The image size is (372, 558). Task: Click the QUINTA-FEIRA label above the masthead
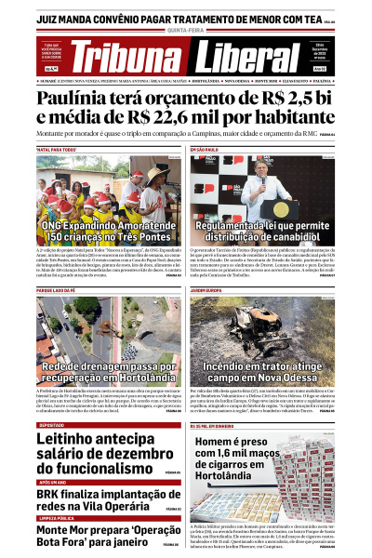click(x=186, y=31)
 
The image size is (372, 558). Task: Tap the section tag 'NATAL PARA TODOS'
click(x=58, y=149)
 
